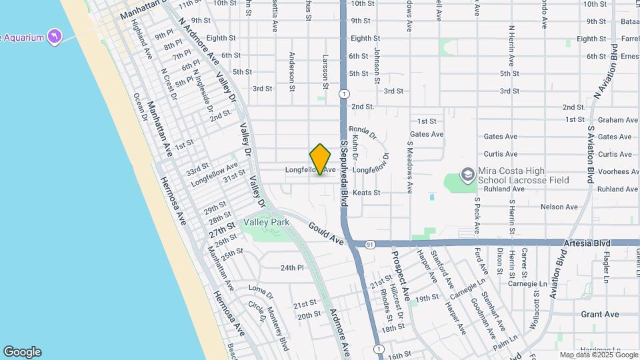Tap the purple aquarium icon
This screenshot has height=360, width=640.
(54, 35)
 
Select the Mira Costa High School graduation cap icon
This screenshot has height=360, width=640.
(468, 175)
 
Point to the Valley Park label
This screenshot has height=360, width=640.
(264, 221)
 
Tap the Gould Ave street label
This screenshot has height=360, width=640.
(325, 233)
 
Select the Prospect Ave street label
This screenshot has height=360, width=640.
(401, 276)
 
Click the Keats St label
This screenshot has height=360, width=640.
(366, 193)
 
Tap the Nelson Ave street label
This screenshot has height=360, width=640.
(559, 207)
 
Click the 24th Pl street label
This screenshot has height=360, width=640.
(291, 268)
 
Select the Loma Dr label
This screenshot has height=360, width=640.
(261, 291)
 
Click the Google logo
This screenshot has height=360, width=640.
(22, 352)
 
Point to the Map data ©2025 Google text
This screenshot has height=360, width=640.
(598, 355)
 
